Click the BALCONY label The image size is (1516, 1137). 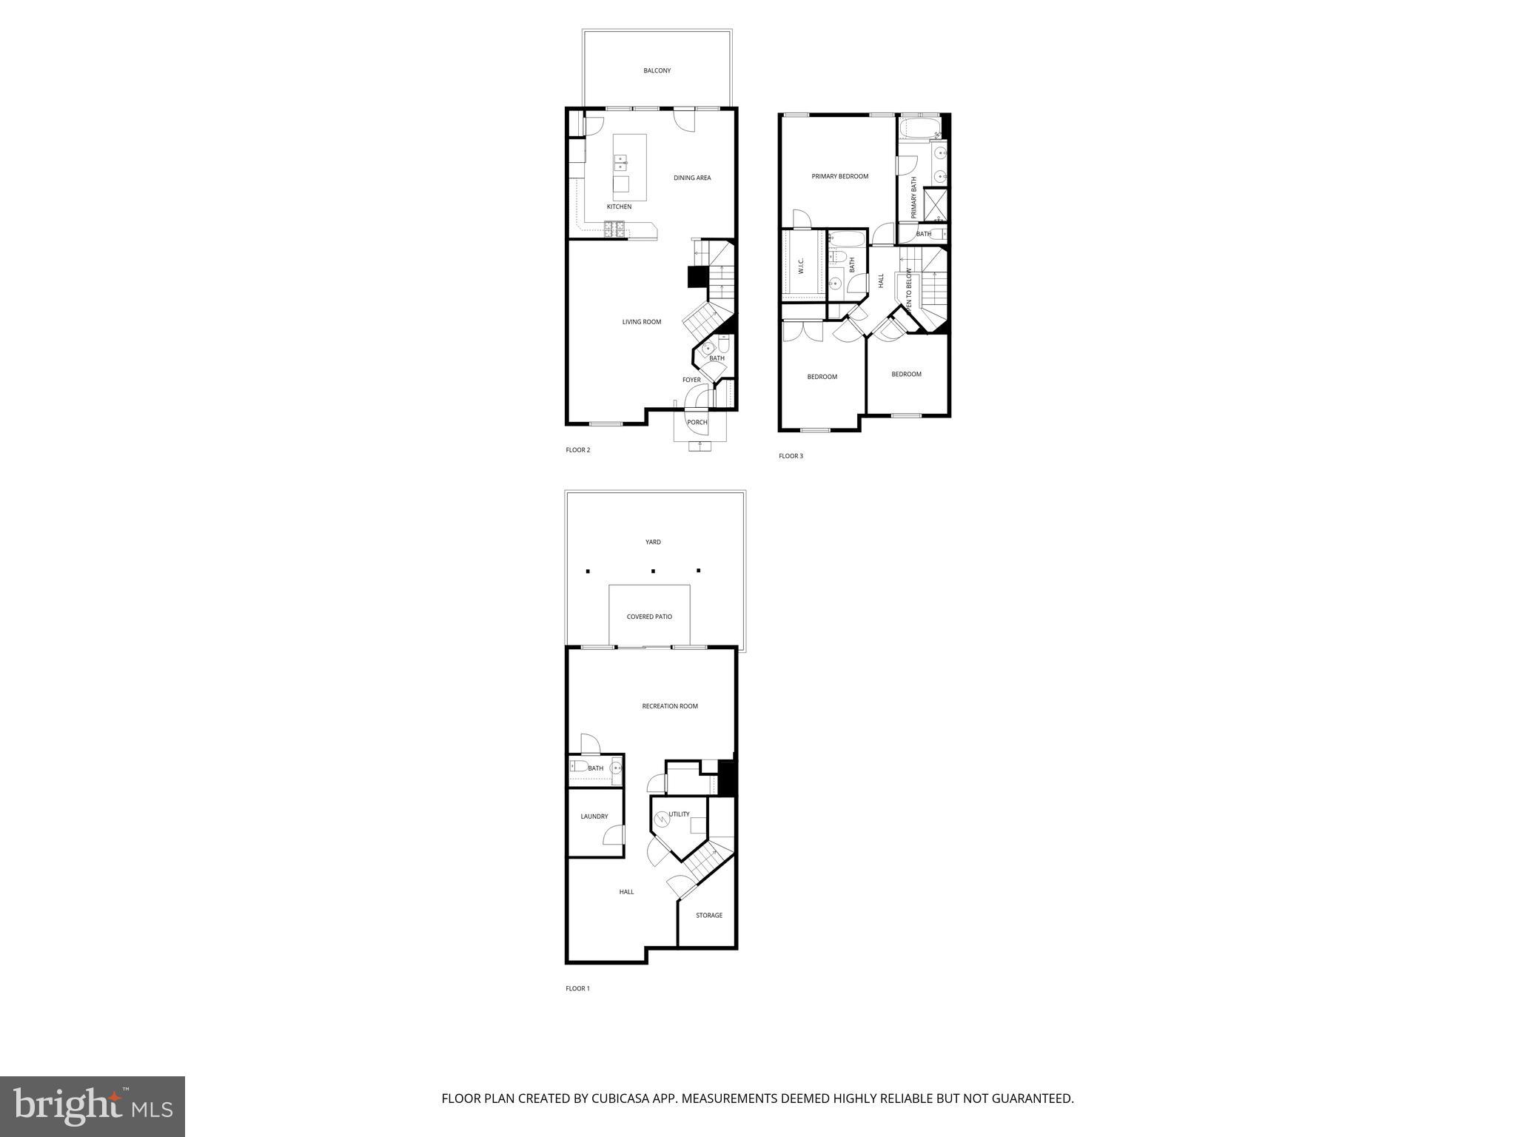pyautogui.click(x=657, y=71)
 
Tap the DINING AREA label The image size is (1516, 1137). pyautogui.click(x=692, y=178)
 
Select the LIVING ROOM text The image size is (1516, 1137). pyautogui.click(x=641, y=322)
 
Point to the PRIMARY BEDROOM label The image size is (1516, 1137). pyautogui.click(x=839, y=176)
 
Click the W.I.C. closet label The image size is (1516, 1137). pyautogui.click(x=801, y=266)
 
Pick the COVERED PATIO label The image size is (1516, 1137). pyautogui.click(x=649, y=617)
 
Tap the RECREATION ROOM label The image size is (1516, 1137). pyautogui.click(x=670, y=706)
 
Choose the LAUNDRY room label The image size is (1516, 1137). pyautogui.click(x=594, y=816)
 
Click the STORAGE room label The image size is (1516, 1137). pyautogui.click(x=708, y=916)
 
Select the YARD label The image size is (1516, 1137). pyautogui.click(x=653, y=542)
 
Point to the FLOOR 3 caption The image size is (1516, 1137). pyautogui.click(x=791, y=456)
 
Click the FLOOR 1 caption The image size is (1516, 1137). pyautogui.click(x=577, y=988)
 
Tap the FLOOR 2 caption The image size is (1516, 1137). pyautogui.click(x=577, y=450)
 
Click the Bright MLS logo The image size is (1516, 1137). pyautogui.click(x=93, y=1107)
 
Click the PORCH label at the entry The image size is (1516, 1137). pyautogui.click(x=697, y=423)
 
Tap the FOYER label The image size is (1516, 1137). pyautogui.click(x=691, y=380)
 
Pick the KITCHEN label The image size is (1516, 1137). pyautogui.click(x=619, y=207)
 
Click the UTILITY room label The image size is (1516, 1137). pyautogui.click(x=680, y=814)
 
